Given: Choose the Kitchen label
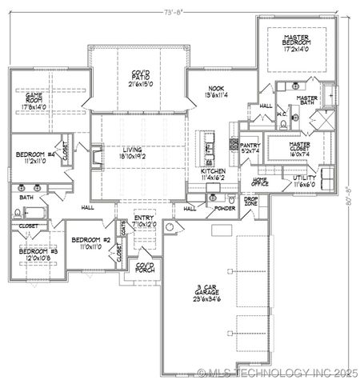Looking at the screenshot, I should tap(213, 171).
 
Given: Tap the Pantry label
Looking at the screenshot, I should tap(250, 145).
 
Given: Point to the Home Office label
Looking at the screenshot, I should tap(260, 182).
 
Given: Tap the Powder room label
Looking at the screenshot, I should tap(224, 208).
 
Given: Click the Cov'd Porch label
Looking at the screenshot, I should tap(145, 268).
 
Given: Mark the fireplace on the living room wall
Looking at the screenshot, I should tap(97, 155).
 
